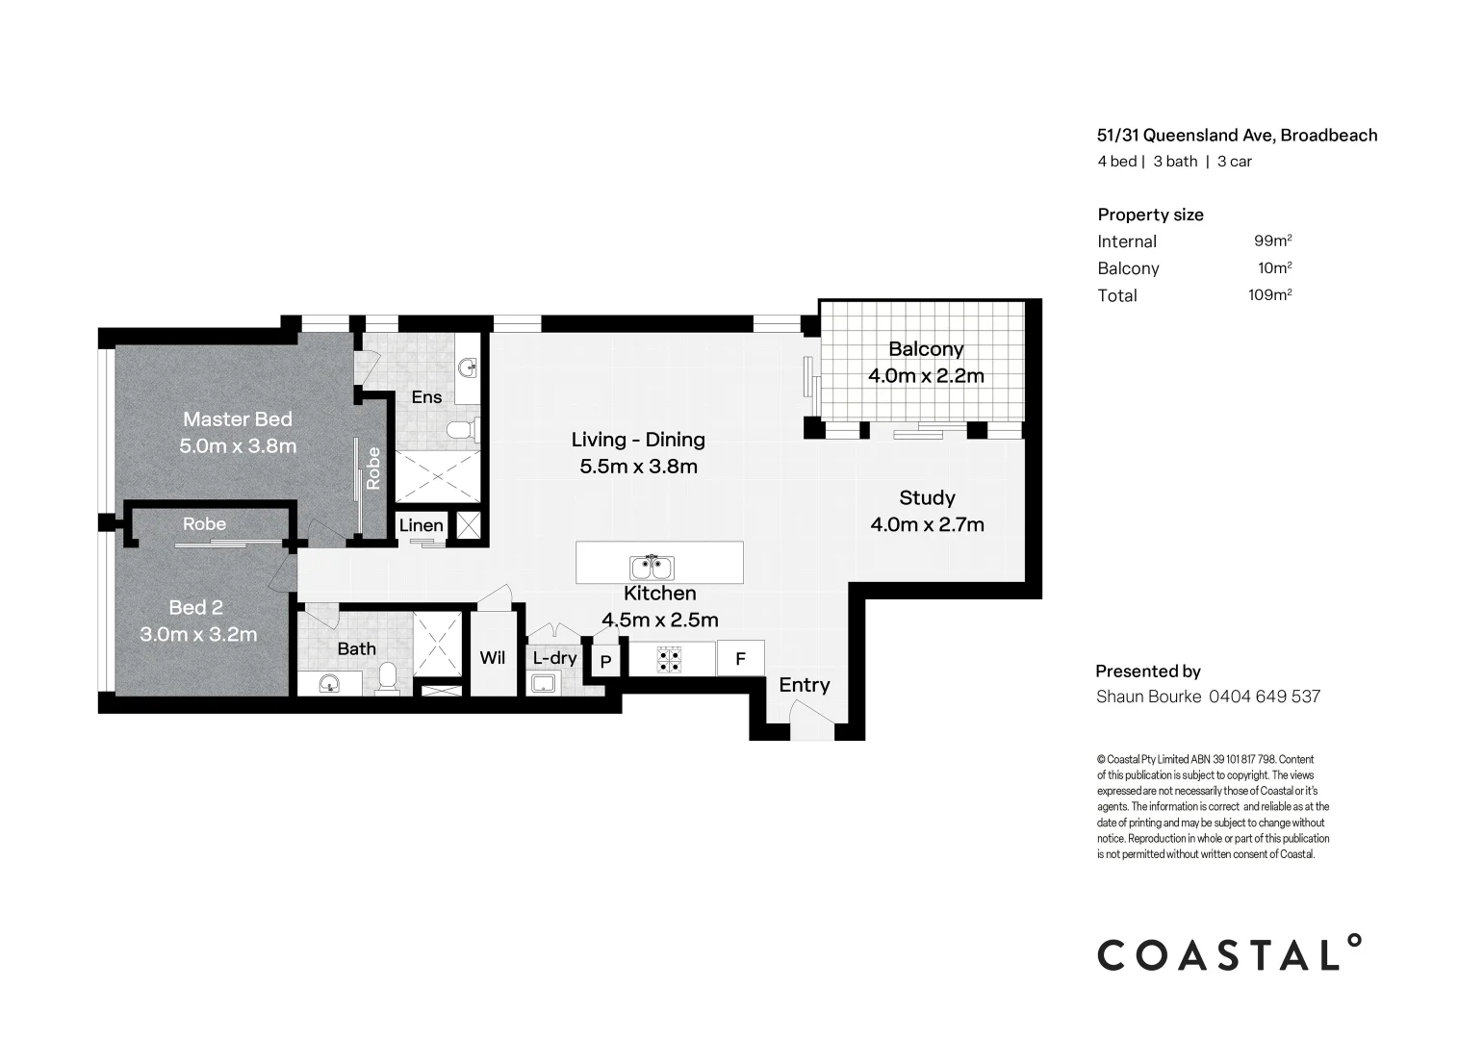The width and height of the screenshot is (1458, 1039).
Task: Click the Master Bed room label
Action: click(x=237, y=419)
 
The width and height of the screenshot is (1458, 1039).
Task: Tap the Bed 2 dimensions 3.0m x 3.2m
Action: click(x=198, y=635)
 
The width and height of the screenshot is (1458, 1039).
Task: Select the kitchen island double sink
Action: click(x=652, y=567)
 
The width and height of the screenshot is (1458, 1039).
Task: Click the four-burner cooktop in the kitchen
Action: click(x=669, y=659)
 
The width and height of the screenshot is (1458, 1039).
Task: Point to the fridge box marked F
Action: click(x=740, y=659)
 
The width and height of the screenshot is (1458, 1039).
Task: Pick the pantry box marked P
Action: click(x=605, y=662)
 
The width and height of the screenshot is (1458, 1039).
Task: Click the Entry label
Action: click(x=804, y=685)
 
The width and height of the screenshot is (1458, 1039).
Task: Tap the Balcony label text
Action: click(x=925, y=349)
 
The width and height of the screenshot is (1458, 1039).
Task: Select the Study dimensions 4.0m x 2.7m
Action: click(x=927, y=524)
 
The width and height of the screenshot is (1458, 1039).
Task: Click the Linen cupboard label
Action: click(x=421, y=525)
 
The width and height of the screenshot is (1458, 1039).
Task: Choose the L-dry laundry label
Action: click(x=554, y=658)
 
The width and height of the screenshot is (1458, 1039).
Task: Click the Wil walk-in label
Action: click(x=492, y=658)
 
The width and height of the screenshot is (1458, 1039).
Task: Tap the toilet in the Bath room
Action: click(x=388, y=677)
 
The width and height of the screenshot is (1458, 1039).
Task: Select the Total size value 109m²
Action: click(x=1269, y=295)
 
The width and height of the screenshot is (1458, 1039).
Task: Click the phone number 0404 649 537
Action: click(x=1264, y=697)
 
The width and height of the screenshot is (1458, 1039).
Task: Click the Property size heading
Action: click(x=1150, y=215)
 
